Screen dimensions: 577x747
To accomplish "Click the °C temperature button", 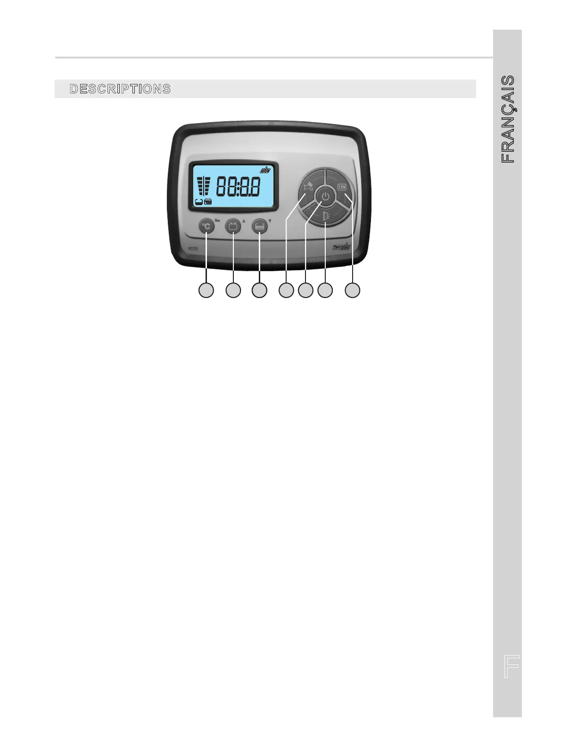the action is (x=206, y=226).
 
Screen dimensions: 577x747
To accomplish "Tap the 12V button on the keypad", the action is (x=342, y=187).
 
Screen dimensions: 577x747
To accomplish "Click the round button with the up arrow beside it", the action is (x=233, y=226).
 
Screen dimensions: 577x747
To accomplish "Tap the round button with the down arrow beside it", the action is (x=259, y=226).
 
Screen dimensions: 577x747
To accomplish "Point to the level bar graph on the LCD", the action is (x=203, y=186).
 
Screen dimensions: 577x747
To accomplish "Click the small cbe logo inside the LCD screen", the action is (x=265, y=170).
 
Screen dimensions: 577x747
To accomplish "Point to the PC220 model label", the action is (x=192, y=249).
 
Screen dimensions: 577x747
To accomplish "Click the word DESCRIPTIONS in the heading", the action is (x=120, y=89).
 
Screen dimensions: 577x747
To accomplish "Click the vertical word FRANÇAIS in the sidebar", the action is (x=508, y=119).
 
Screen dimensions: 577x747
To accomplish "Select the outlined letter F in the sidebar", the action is (x=511, y=666).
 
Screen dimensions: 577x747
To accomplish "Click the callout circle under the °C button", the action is (x=206, y=290).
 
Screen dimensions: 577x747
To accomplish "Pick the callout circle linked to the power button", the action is (x=305, y=290).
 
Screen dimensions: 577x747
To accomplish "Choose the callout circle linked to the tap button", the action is (x=286, y=290).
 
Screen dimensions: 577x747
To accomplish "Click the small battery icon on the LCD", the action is (x=208, y=201).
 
